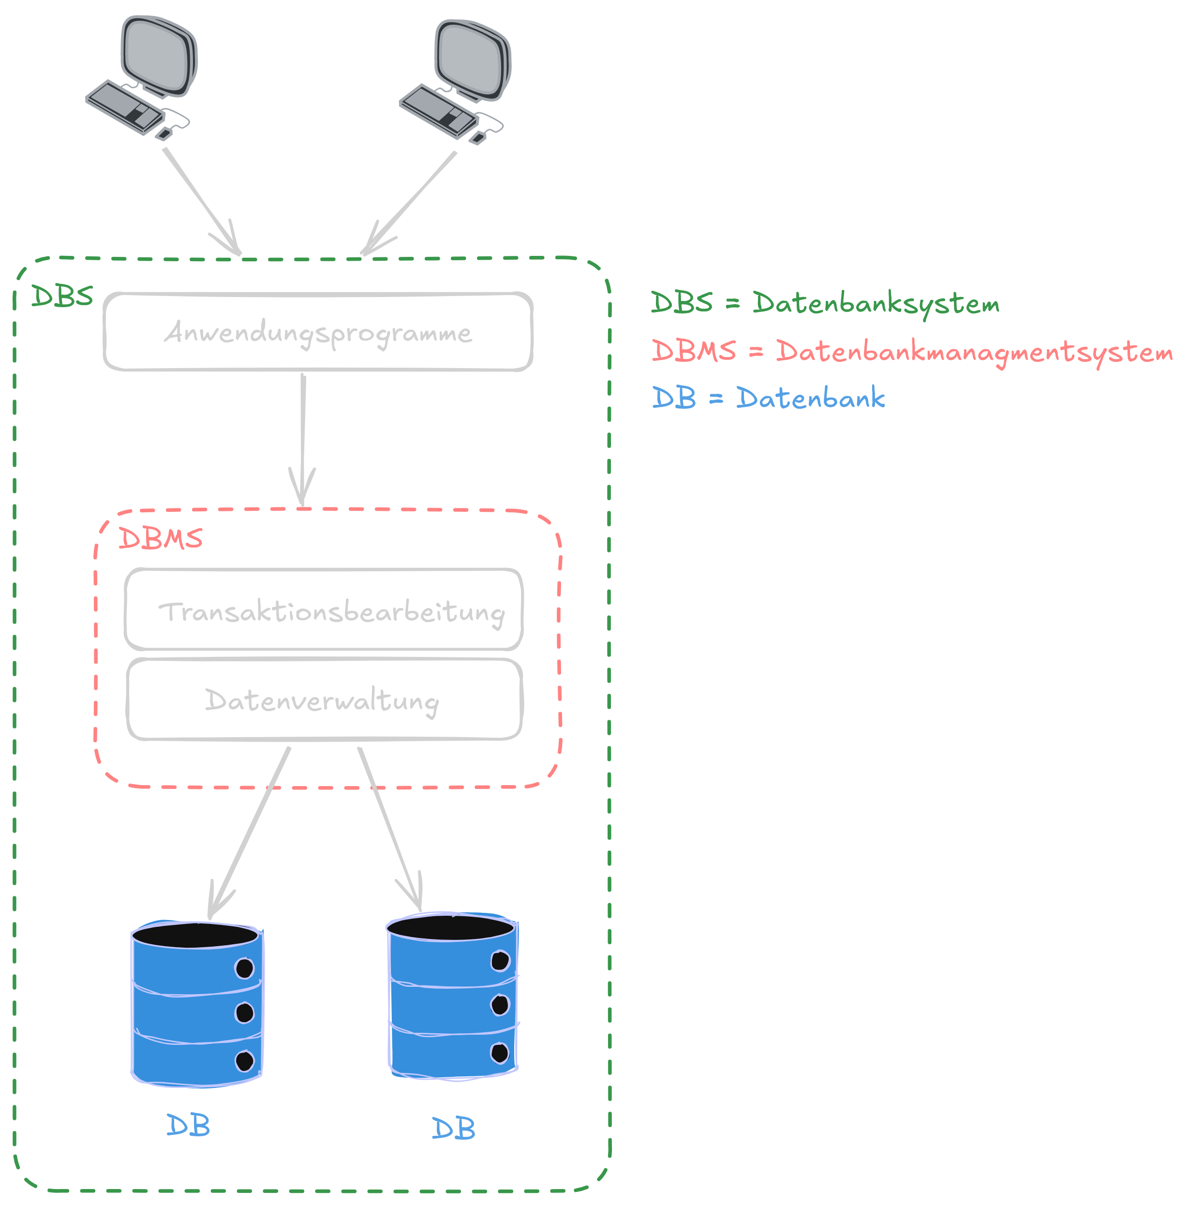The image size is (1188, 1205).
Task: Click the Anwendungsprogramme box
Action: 318,332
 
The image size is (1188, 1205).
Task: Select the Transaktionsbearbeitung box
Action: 324,610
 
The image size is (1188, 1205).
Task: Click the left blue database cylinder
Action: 197,1011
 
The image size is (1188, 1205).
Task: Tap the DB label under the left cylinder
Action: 188,1126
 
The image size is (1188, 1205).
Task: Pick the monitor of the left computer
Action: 159,56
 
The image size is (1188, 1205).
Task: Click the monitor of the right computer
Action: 473,59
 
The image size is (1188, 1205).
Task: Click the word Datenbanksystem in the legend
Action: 876,304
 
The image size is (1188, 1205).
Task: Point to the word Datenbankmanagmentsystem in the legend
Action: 974,352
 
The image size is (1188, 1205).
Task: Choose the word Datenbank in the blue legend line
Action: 810,398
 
